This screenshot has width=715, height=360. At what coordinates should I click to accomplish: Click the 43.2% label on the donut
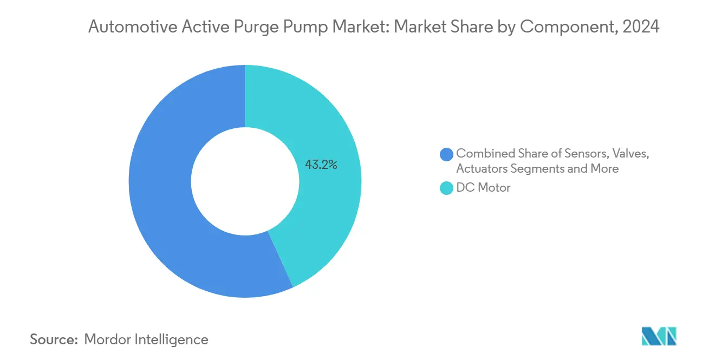pyautogui.click(x=321, y=165)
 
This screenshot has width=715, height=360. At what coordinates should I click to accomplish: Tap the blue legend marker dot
pyautogui.click(x=447, y=154)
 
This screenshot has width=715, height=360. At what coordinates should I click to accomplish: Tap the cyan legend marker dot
pyautogui.click(x=447, y=188)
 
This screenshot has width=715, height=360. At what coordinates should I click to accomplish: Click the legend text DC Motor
pyautogui.click(x=483, y=188)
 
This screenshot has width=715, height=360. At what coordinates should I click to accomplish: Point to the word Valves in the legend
pyautogui.click(x=629, y=153)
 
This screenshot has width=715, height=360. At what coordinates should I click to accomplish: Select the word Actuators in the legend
pyautogui.click(x=481, y=168)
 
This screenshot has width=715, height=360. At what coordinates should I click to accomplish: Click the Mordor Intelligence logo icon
pyautogui.click(x=659, y=337)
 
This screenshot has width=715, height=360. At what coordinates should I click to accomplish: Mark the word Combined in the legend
pyautogui.click(x=484, y=153)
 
